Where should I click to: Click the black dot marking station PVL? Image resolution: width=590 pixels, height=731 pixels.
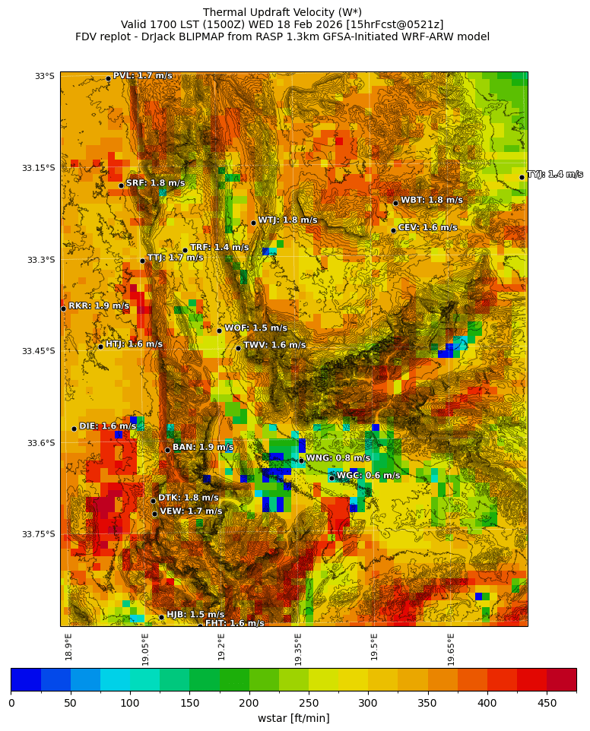click(x=108, y=78)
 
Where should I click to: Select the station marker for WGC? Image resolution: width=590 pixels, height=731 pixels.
click(x=331, y=478)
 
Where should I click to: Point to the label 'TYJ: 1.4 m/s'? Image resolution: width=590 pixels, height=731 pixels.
click(x=555, y=175)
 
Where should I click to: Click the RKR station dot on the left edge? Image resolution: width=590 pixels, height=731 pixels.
click(x=63, y=309)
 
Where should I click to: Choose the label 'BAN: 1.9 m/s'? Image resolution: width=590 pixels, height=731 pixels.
click(x=203, y=448)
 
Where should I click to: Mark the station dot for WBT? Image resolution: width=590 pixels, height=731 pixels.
click(x=395, y=203)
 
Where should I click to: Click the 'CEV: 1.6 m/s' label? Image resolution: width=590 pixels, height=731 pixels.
click(x=427, y=227)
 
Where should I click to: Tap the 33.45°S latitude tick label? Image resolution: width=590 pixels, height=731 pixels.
click(x=38, y=351)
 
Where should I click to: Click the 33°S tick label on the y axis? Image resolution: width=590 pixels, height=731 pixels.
click(x=44, y=76)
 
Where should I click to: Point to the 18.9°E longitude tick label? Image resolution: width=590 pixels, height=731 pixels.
click(x=68, y=646)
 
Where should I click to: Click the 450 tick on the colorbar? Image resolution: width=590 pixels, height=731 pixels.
click(x=547, y=703)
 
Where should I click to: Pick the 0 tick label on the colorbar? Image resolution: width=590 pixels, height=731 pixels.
click(x=11, y=703)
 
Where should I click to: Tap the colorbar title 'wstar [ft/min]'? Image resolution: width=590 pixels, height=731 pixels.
click(x=293, y=718)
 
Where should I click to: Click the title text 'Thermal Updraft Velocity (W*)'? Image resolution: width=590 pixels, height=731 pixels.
click(x=282, y=12)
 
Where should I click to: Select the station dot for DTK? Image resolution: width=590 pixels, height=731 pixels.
click(x=153, y=501)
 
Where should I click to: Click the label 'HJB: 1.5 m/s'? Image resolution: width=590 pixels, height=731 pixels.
click(x=195, y=615)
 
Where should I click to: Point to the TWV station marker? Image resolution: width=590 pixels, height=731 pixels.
click(x=238, y=348)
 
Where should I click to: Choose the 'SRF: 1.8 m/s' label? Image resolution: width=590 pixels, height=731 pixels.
click(x=155, y=183)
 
